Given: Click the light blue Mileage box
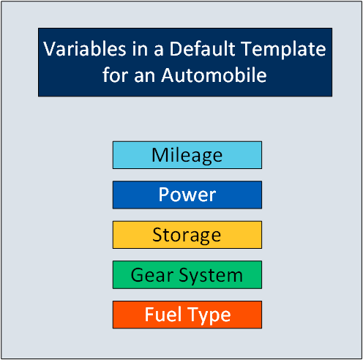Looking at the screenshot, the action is (x=187, y=155).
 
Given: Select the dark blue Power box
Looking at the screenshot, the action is (x=187, y=195).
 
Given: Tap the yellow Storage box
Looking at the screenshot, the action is (x=187, y=235).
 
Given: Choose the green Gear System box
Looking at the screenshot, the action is (x=187, y=275).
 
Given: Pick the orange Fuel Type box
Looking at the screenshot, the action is (x=187, y=315).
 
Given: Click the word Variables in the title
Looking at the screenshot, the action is (x=85, y=48).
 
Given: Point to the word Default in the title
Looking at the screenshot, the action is (x=202, y=48).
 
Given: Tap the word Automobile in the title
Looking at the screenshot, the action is (x=214, y=75).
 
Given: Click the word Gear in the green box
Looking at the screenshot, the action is (x=152, y=275).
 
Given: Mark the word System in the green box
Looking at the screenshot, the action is (x=211, y=276).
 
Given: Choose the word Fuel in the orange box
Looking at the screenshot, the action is (x=163, y=315).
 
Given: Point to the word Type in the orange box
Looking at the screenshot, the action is (x=209, y=316).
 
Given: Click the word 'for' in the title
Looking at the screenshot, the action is (x=116, y=75).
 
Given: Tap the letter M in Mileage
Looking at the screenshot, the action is (x=160, y=155).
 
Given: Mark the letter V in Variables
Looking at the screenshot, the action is (x=50, y=49).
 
